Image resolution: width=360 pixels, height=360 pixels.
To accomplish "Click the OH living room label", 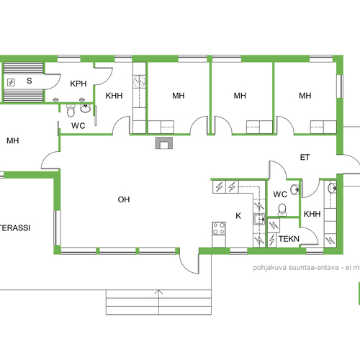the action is [124, 199].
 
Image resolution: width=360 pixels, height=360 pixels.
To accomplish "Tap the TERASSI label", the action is [15, 228].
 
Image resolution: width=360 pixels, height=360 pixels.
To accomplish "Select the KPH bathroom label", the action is [78, 84].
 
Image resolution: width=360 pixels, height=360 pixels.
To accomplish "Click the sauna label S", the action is [30, 81].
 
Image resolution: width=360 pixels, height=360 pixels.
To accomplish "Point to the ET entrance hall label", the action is [305, 157].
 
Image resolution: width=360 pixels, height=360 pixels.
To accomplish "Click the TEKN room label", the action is [289, 239].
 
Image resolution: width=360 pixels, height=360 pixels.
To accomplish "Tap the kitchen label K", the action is [238, 216].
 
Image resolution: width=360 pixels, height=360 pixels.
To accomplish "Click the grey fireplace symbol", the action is [164, 143].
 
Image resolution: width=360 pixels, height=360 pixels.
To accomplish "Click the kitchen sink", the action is [259, 219].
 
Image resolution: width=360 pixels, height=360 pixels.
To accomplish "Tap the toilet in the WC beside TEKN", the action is [282, 210].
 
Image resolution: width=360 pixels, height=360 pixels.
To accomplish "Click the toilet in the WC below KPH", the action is [71, 110].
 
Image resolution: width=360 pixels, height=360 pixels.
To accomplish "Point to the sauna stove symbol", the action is [11, 82].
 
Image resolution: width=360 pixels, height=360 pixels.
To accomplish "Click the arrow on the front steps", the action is [158, 302].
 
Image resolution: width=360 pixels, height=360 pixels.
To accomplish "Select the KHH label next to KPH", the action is [114, 96].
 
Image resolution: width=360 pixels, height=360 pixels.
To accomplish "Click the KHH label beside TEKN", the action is [312, 214].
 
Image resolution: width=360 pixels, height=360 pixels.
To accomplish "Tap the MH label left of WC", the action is [13, 140].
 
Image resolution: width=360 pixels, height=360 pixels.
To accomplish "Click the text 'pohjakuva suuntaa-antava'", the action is [296, 267].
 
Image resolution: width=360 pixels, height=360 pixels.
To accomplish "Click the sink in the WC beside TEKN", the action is [295, 189].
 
